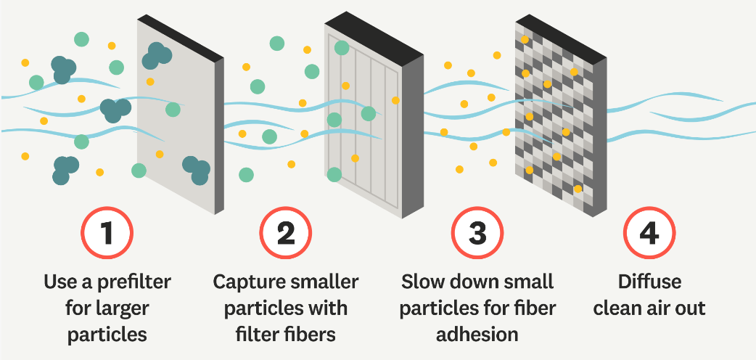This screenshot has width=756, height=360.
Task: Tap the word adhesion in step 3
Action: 477,334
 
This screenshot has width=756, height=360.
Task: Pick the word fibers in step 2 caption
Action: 312,334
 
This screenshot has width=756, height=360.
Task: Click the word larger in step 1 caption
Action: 120,308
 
